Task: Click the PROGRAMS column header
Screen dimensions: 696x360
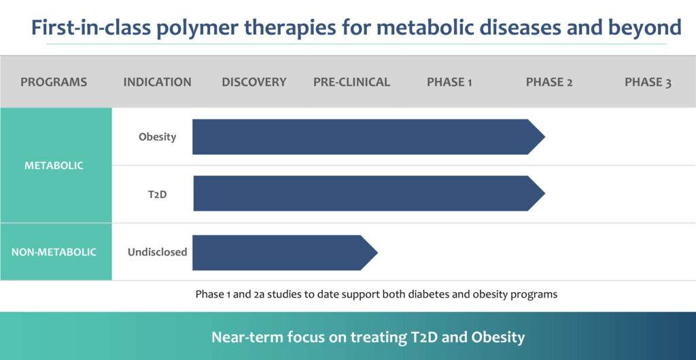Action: [54, 82]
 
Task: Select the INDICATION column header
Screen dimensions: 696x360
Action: [157, 82]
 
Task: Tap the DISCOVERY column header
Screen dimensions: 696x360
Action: [254, 82]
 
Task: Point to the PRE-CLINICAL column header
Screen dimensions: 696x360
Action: [351, 82]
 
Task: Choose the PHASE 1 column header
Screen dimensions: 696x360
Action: [449, 82]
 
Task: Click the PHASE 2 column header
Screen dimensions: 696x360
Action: [549, 82]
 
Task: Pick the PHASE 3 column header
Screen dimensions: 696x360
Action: [648, 82]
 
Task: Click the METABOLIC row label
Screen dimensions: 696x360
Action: [54, 166]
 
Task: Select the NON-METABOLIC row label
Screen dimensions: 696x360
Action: [54, 252]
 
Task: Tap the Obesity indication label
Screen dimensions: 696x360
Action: [157, 137]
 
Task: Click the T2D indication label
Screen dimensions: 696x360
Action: [157, 194]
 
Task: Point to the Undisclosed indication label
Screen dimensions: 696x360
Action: [157, 252]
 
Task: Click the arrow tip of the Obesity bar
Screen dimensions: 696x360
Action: [544, 137]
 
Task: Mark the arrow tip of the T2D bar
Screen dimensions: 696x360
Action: [544, 194]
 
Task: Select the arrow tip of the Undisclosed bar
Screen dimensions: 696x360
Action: [377, 253]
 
